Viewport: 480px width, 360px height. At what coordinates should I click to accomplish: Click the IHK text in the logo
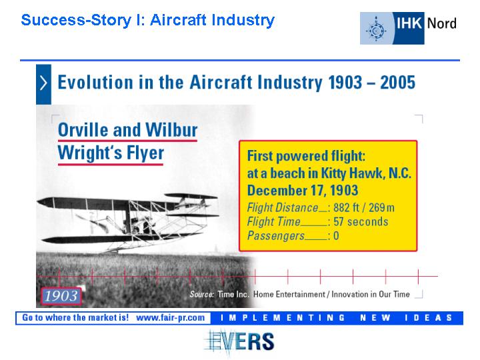tap(409, 23)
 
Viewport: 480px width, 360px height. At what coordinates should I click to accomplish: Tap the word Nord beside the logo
tap(441, 23)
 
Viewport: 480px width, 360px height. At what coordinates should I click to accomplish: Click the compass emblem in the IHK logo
tap(376, 30)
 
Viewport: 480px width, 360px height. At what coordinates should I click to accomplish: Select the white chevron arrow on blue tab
tap(43, 83)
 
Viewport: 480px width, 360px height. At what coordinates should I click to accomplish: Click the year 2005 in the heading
tap(397, 83)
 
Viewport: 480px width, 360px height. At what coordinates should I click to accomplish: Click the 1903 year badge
tap(61, 296)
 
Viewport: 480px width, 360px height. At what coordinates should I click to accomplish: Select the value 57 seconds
tap(361, 221)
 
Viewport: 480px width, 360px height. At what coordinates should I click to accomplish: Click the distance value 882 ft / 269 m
tap(364, 207)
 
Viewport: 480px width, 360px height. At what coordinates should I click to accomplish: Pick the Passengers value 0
tap(336, 236)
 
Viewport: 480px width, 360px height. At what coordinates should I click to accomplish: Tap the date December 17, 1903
tap(303, 191)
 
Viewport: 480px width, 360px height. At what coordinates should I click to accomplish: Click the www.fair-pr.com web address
tap(170, 318)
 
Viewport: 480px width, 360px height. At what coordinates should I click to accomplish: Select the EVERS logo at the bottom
tap(239, 342)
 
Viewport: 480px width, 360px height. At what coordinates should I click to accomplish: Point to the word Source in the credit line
tap(202, 294)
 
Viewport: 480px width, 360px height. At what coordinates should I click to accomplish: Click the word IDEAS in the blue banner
tap(428, 318)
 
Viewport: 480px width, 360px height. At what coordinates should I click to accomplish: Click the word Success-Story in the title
tap(76, 21)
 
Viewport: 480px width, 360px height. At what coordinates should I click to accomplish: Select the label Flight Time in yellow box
tap(274, 221)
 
